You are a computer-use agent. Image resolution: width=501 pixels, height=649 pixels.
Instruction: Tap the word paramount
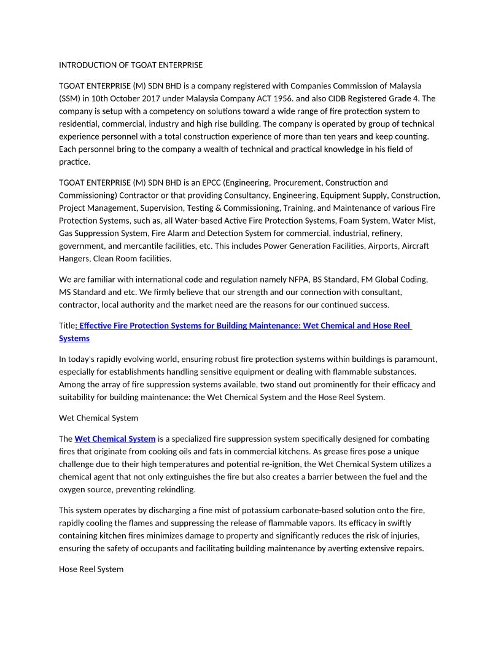point(417,359)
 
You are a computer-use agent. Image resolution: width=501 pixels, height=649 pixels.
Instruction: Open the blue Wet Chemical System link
point(115,439)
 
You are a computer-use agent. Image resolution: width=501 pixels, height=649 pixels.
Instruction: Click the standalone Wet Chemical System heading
point(98,418)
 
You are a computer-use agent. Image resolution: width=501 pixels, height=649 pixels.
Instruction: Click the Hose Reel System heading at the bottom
point(91,569)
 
